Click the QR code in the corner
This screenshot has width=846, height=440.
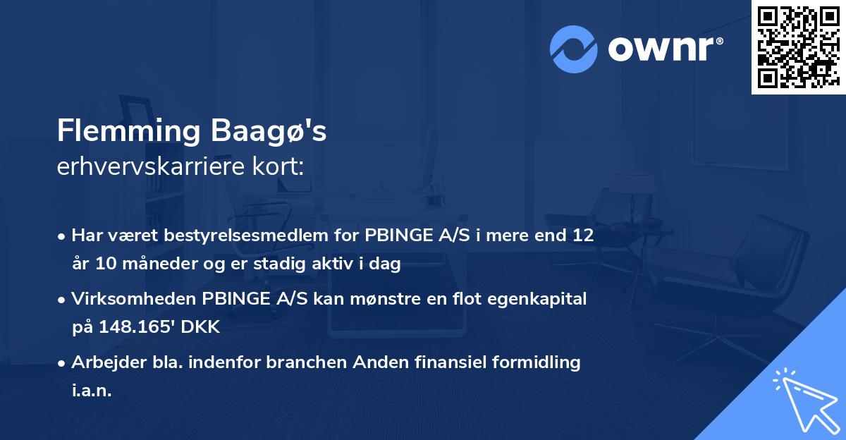tap(798, 47)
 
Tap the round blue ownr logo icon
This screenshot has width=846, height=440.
tap(574, 49)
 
